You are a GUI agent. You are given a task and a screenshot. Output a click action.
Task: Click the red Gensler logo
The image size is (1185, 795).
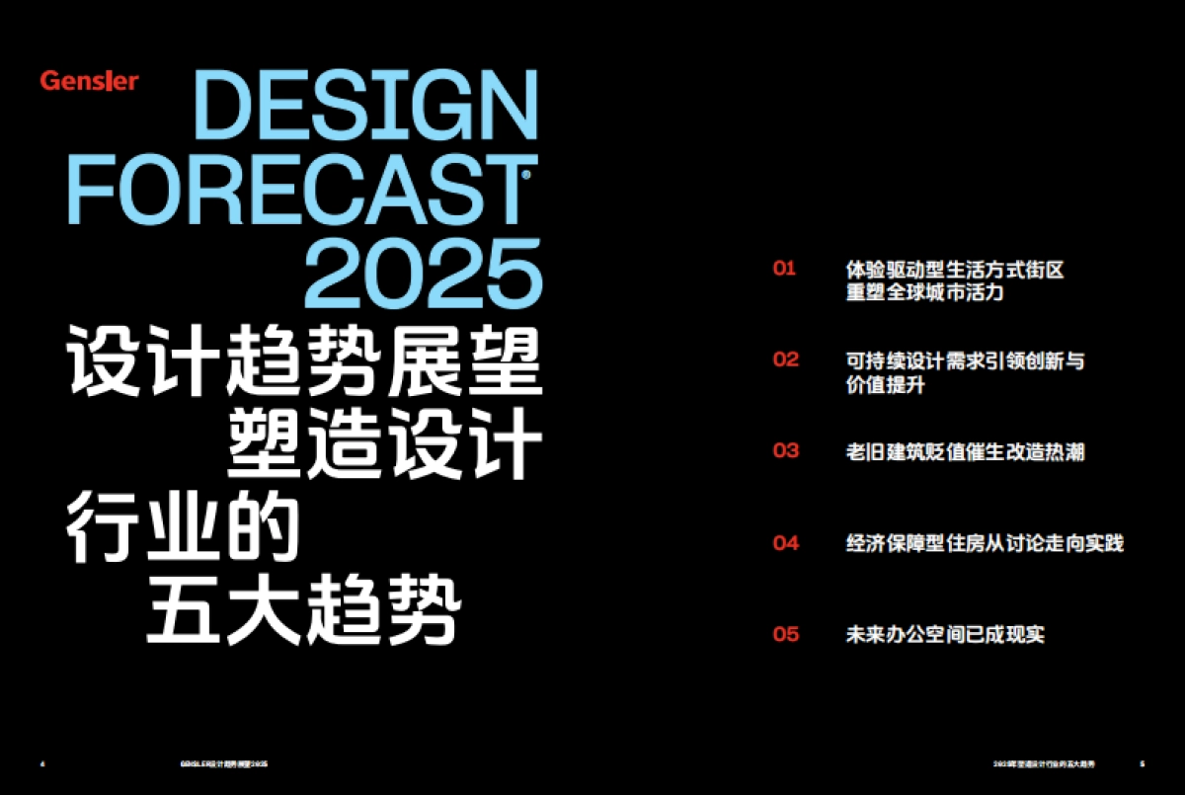click(90, 81)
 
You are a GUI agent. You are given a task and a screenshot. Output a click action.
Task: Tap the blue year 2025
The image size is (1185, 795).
click(425, 271)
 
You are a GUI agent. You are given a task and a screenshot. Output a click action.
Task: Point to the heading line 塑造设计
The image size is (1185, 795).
click(385, 446)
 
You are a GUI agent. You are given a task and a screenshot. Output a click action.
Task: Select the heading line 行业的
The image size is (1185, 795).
click(183, 530)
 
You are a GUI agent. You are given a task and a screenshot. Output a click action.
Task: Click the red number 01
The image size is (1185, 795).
click(784, 269)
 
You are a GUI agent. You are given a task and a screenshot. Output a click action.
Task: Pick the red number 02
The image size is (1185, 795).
click(785, 360)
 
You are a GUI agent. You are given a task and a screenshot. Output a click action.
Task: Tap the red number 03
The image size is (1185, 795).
click(785, 451)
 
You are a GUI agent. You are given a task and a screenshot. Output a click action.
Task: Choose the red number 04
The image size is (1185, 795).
click(785, 542)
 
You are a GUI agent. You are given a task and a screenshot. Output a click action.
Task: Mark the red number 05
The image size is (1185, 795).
click(785, 634)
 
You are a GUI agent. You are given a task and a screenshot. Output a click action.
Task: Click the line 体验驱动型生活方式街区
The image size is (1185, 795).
click(955, 269)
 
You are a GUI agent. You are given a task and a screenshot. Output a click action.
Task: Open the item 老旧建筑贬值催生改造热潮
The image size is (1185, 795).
click(965, 451)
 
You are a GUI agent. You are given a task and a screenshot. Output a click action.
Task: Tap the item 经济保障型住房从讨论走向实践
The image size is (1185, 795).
click(985, 543)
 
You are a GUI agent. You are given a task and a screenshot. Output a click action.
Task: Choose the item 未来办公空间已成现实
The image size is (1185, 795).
click(945, 634)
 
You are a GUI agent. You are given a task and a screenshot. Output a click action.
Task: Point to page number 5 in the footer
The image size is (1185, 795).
click(1142, 763)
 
